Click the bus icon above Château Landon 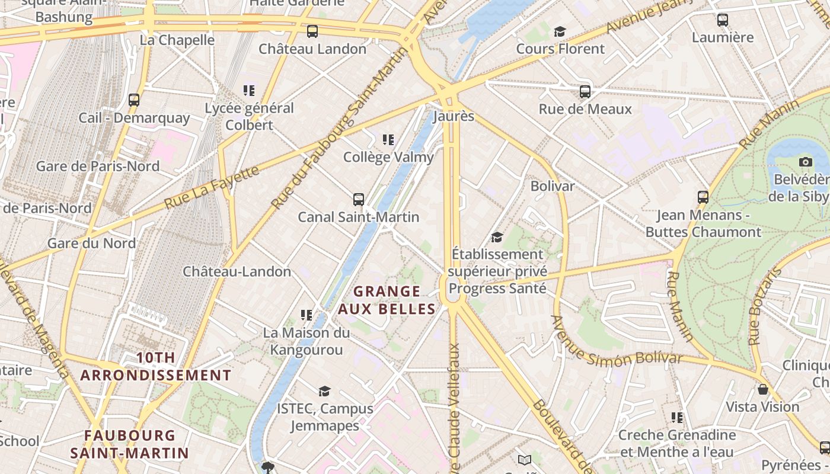(312, 31)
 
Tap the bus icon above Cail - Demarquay (134, 100)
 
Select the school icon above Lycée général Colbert (249, 91)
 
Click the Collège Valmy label (388, 157)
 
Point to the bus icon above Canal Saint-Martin (359, 200)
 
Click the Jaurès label (454, 116)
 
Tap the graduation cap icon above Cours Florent (560, 31)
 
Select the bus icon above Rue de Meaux (585, 92)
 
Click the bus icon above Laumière (723, 20)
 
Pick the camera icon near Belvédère (805, 162)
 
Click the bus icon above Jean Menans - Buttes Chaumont (703, 197)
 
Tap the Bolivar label (552, 186)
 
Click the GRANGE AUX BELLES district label (387, 300)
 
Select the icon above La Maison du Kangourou (307, 315)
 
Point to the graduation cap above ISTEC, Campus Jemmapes (324, 391)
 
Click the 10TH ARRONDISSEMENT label (155, 366)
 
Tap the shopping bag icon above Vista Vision (763, 389)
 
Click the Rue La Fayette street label (212, 187)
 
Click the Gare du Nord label (91, 243)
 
